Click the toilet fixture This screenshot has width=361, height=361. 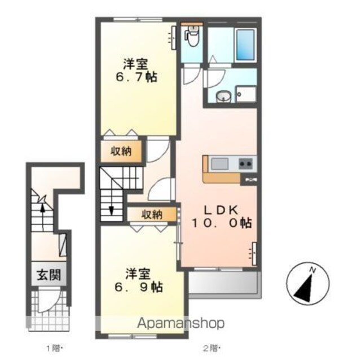[192, 36]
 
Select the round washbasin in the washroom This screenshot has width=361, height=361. [223, 96]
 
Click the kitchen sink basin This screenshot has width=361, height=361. [219, 164]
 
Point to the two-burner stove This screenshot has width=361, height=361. [245, 164]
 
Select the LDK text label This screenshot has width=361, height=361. [221, 210]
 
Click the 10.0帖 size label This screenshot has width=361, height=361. [222, 223]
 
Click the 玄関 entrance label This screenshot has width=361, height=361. [49, 275]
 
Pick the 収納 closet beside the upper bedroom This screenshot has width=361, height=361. [121, 151]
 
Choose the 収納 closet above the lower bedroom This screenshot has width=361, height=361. [152, 214]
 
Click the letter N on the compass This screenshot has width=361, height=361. [312, 270]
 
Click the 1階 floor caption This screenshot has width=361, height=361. [54, 349]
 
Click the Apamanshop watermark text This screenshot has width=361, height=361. [181, 323]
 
